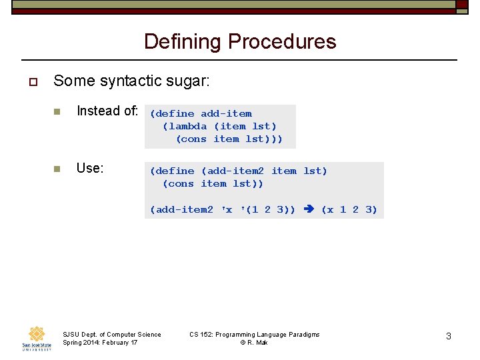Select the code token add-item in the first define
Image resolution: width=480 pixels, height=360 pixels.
tap(226, 113)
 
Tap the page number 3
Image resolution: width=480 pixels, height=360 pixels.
tap(449, 336)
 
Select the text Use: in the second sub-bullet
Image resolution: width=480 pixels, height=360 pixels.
tap(90, 168)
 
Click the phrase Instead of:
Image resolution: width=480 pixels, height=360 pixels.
tap(107, 111)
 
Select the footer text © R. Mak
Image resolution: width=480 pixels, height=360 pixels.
tap(254, 343)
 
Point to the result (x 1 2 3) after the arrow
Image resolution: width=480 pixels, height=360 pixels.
tap(349, 209)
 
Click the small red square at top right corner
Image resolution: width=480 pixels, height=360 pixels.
tap(461, 4)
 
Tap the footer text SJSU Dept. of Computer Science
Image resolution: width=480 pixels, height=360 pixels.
tap(111, 334)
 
